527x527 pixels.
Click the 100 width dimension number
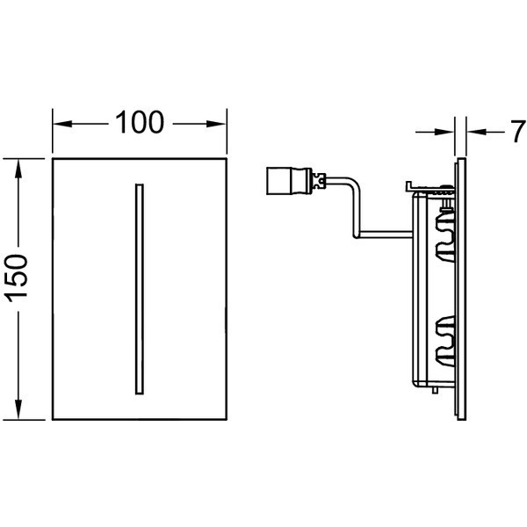(140, 122)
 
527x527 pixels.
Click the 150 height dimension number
(16, 278)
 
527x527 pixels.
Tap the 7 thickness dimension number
(518, 132)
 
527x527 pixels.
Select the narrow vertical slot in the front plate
(140, 289)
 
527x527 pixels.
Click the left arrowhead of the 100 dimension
(62, 124)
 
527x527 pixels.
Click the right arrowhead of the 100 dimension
(216, 124)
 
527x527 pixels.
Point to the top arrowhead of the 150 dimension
(18, 169)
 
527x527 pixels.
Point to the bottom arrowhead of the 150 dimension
(18, 409)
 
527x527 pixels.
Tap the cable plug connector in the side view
(289, 181)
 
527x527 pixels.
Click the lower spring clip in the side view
(445, 341)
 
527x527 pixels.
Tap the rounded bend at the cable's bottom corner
(356, 234)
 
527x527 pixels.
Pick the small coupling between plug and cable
(319, 181)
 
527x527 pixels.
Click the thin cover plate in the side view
(461, 289)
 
